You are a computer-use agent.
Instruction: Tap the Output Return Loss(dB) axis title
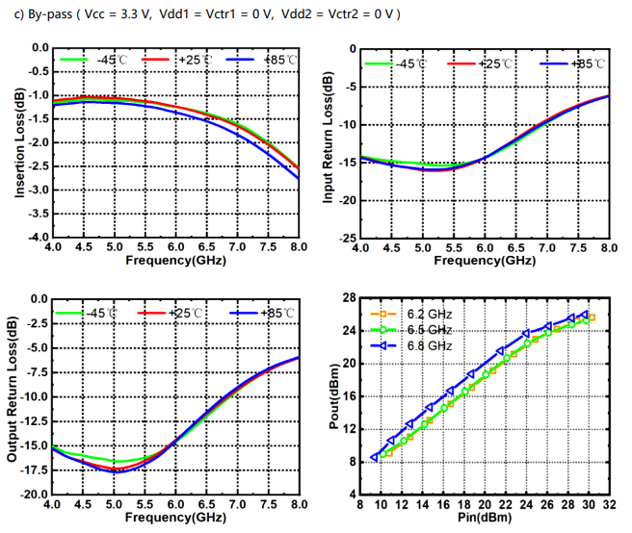tap(13, 396)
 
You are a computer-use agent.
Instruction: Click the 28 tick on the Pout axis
tap(349, 297)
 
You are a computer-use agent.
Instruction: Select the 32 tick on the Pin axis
tap(608, 505)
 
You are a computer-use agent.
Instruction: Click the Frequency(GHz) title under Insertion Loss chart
tap(176, 261)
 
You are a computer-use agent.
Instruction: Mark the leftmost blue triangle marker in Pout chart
tap(375, 457)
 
